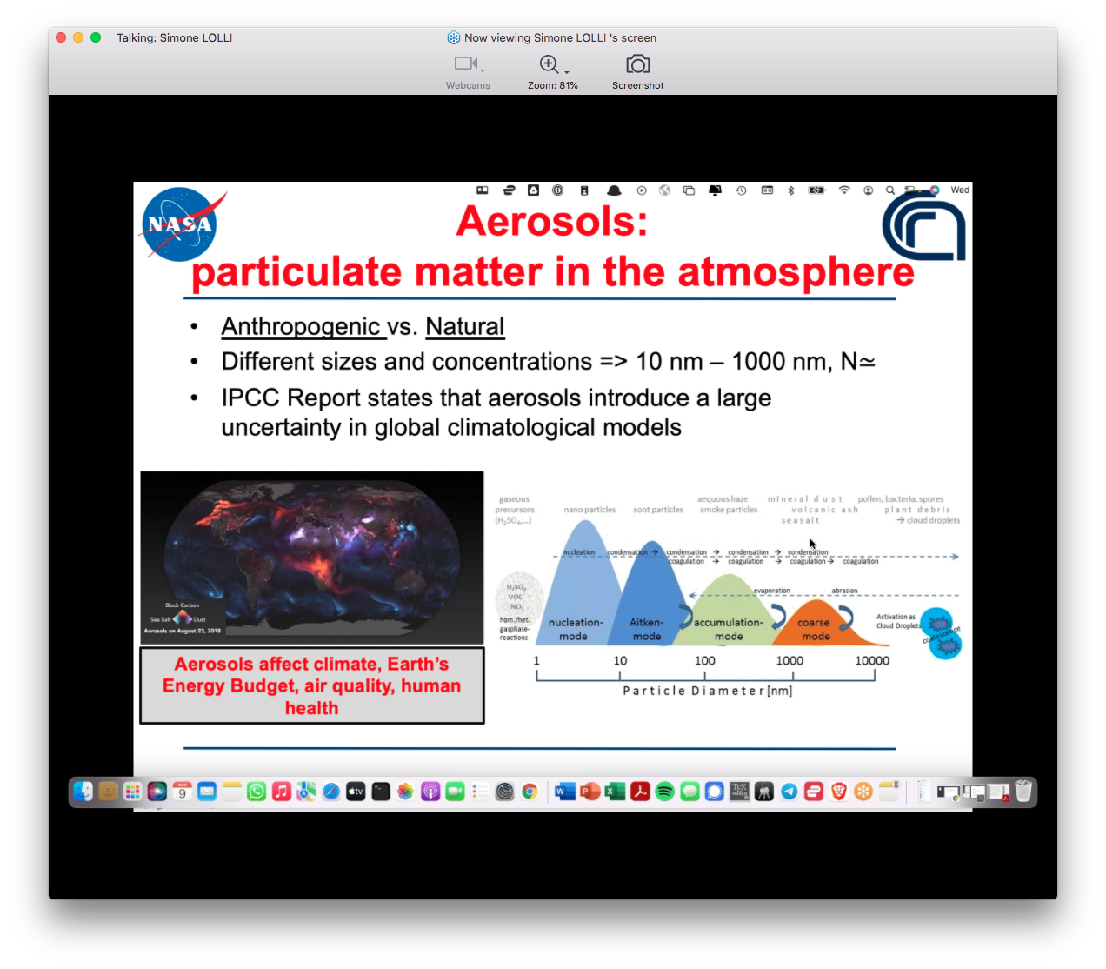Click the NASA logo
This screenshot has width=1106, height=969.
(179, 224)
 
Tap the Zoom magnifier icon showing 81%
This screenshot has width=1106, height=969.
(550, 65)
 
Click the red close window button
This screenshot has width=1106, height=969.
(61, 37)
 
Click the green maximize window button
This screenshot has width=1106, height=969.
(96, 37)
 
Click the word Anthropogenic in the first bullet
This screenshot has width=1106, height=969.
(301, 326)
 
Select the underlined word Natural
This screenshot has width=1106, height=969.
(464, 326)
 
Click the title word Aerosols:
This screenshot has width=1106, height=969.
(552, 221)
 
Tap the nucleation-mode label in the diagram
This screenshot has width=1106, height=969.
(575, 629)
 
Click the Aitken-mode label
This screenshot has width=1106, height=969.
(646, 629)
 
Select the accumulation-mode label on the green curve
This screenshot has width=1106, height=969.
(729, 629)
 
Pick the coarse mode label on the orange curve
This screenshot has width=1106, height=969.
(814, 629)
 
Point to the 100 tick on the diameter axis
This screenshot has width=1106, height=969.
(705, 661)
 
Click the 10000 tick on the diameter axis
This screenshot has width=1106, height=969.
(872, 661)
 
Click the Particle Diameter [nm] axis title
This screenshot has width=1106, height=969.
(707, 691)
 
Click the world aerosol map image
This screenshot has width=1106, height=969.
(311, 557)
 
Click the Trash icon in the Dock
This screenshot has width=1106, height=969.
(1023, 792)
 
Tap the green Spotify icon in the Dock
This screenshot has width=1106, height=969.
(665, 792)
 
